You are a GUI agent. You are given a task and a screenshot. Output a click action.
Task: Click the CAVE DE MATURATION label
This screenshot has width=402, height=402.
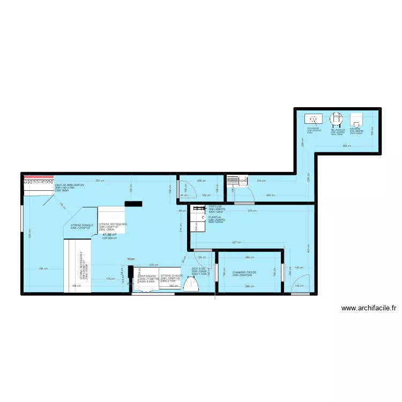(x=69, y=185)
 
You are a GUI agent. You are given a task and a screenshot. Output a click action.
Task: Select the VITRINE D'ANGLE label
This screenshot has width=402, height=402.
(x=82, y=225)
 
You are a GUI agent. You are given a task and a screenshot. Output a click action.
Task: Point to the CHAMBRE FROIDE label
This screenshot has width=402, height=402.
(x=244, y=272)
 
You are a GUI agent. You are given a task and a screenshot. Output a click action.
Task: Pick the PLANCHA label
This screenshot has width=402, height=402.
(x=215, y=217)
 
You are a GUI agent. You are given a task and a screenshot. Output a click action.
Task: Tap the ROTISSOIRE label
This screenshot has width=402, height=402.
(x=147, y=276)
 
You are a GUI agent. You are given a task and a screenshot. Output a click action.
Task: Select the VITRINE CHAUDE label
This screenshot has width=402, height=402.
(x=172, y=276)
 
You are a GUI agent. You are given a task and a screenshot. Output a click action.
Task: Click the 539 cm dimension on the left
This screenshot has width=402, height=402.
(x=29, y=234)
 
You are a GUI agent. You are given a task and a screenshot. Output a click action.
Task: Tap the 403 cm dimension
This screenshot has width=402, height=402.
(x=308, y=249)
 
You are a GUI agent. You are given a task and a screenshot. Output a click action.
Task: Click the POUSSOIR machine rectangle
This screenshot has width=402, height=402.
(x=312, y=119)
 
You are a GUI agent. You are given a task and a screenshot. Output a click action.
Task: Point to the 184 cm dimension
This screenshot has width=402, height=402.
(x=43, y=269)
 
